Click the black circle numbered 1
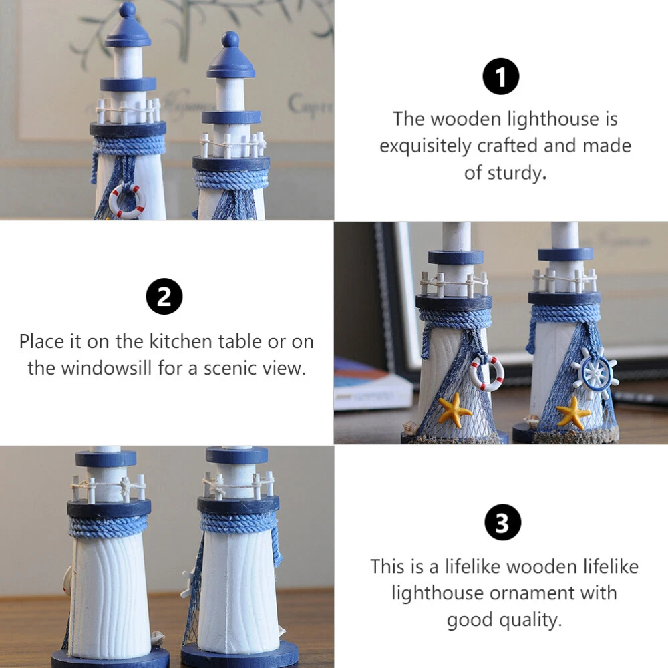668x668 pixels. [500, 76]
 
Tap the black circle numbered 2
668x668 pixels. [164, 296]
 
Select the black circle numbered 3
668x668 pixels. [503, 522]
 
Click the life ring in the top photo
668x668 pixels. [128, 200]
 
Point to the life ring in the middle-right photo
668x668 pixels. [486, 373]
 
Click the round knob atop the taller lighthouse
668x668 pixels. [127, 9]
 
